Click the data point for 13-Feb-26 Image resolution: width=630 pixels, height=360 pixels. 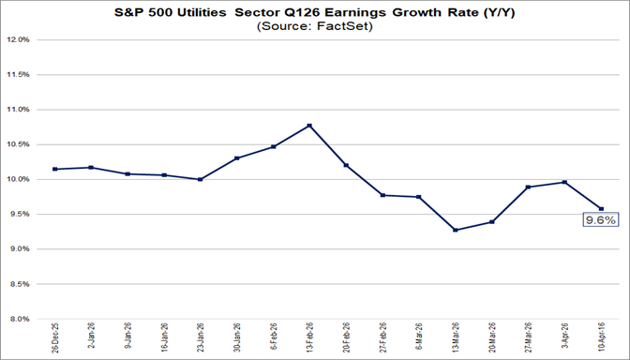click(x=309, y=126)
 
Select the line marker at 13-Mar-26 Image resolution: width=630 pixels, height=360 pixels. click(x=455, y=230)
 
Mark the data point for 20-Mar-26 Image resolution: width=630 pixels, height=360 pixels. click(x=491, y=222)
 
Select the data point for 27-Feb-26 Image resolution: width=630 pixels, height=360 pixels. click(x=382, y=195)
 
